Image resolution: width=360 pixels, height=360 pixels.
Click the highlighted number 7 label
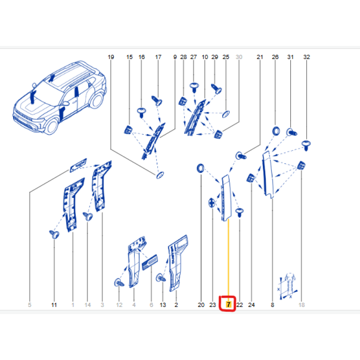(228, 305)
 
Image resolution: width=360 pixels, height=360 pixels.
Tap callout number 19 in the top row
(111, 57)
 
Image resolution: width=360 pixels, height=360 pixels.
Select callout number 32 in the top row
(306, 57)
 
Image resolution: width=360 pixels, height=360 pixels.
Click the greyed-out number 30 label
(239, 57)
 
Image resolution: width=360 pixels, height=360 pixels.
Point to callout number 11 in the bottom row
(54, 305)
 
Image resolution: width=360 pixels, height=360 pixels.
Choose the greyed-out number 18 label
(301, 305)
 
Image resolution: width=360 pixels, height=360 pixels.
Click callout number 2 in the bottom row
(176, 305)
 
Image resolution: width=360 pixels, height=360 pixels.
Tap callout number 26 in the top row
(275, 57)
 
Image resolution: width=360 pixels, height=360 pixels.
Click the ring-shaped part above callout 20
(200, 168)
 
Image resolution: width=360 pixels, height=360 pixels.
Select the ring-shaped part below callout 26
(276, 131)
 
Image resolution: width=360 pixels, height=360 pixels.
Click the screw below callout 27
(194, 87)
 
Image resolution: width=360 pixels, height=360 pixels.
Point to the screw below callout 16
(142, 112)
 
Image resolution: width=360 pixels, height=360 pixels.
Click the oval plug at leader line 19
(160, 175)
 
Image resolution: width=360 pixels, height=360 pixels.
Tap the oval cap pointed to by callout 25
(226, 114)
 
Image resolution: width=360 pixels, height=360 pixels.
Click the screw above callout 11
(54, 234)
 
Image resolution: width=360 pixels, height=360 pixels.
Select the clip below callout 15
(128, 130)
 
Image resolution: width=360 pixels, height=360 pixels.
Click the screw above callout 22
(239, 212)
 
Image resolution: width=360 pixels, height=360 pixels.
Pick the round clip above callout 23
(212, 202)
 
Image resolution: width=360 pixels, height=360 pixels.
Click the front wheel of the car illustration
(52, 126)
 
